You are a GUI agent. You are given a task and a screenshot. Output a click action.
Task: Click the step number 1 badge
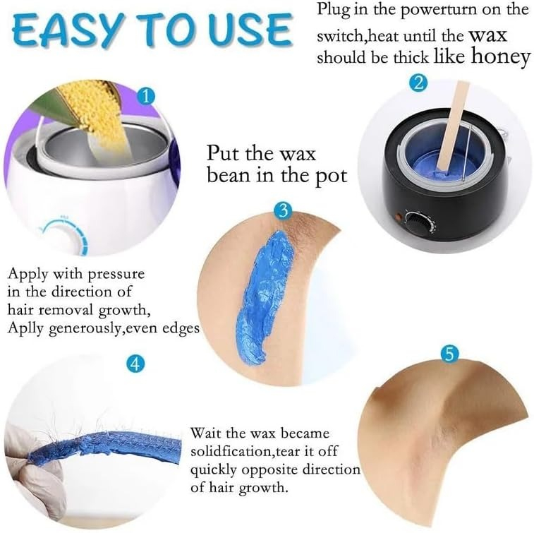pyautogui.click(x=146, y=97)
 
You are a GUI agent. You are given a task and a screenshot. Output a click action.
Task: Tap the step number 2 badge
pyautogui.click(x=418, y=83)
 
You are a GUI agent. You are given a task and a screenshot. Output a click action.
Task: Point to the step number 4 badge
pyautogui.click(x=135, y=365)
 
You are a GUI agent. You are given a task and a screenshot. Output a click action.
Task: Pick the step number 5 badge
pyautogui.click(x=449, y=355)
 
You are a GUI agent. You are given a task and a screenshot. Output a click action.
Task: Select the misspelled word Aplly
pyautogui.click(x=26, y=328)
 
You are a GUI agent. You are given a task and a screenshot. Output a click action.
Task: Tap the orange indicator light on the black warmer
pyautogui.click(x=397, y=217)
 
